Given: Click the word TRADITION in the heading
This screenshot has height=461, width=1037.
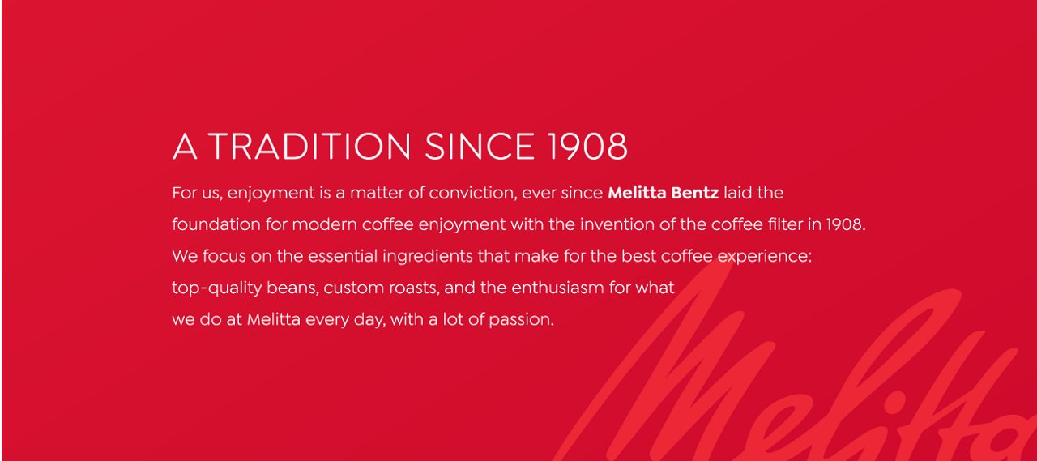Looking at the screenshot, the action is [309, 147].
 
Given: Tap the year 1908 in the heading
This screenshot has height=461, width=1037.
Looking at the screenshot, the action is [587, 147].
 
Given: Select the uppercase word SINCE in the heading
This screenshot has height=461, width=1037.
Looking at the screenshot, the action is [480, 147].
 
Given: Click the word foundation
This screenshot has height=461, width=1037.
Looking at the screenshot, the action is [216, 224].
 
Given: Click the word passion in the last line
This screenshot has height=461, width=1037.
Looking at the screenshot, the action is [521, 320].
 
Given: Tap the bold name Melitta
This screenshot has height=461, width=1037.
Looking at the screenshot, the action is [637, 193].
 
